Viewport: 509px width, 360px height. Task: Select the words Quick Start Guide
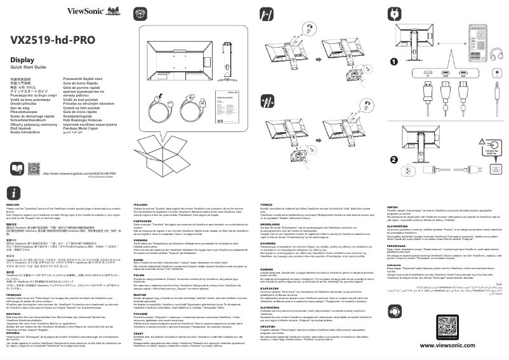click(29, 67)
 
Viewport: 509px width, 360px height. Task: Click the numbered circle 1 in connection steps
click(394, 62)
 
